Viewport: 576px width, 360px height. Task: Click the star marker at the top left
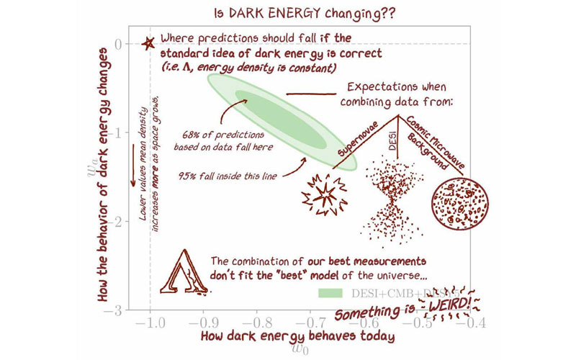click(149, 43)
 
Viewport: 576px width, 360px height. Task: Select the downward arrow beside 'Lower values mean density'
click(132, 164)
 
